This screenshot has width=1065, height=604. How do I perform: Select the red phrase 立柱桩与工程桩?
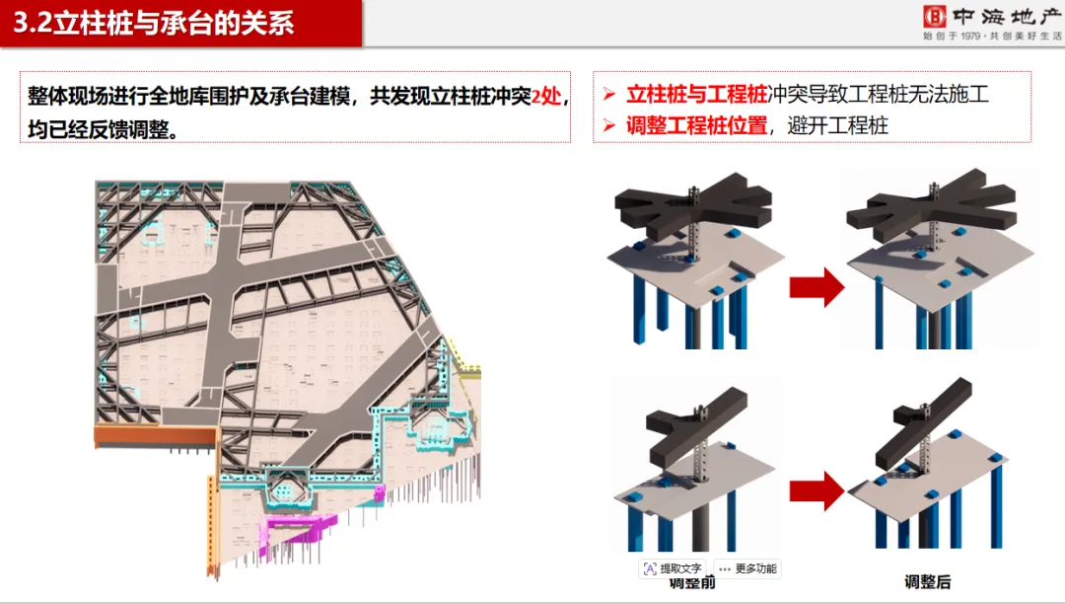pyautogui.click(x=697, y=95)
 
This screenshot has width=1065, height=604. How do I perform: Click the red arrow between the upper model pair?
pyautogui.click(x=816, y=288)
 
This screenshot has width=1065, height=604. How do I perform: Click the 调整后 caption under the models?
pyautogui.click(x=927, y=582)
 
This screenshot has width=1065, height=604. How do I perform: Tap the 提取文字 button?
pyautogui.click(x=673, y=568)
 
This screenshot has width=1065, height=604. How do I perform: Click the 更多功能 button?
pyautogui.click(x=748, y=568)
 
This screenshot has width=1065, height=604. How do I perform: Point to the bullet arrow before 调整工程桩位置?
pyautogui.click(x=609, y=126)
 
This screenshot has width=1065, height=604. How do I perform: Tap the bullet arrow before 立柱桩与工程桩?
pyautogui.click(x=609, y=96)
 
